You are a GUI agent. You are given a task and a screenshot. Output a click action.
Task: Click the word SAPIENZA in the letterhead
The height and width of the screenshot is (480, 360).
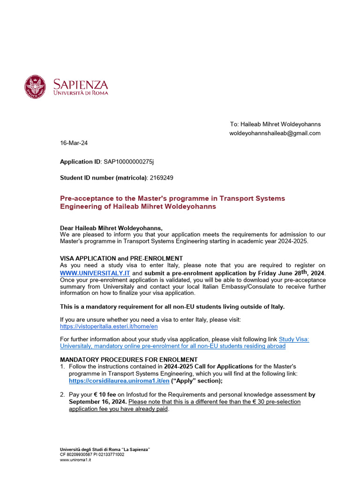pyautogui.click(x=80, y=84)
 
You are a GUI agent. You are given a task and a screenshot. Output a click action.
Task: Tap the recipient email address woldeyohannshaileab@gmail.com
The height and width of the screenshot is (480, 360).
pyautogui.click(x=275, y=133)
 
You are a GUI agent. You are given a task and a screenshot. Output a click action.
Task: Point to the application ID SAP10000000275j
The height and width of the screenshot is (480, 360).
pyautogui.click(x=128, y=162)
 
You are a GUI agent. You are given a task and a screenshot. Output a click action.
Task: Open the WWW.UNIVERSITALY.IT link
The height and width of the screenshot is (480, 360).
pyautogui.click(x=95, y=273)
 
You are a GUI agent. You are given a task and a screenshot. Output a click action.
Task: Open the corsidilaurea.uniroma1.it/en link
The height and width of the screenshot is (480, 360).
pyautogui.click(x=119, y=381)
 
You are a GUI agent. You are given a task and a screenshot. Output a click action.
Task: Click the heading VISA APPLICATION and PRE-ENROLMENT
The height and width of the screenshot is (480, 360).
pyautogui.click(x=121, y=258)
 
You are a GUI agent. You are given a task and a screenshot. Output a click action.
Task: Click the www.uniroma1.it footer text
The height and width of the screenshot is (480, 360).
pyautogui.click(x=75, y=460)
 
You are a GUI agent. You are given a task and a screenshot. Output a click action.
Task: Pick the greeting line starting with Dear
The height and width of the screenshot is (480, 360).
pyautogui.click(x=111, y=228)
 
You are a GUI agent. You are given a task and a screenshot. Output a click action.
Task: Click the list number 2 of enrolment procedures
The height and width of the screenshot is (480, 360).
pyautogui.click(x=62, y=395)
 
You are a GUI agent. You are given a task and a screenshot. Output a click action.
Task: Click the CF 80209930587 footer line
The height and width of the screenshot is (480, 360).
pyautogui.click(x=92, y=455)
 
